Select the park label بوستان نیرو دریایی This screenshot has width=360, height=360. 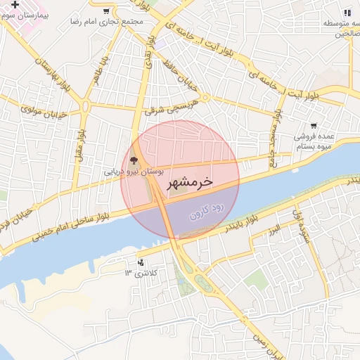(134, 171)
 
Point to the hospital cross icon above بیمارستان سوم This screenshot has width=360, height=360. (15, 5)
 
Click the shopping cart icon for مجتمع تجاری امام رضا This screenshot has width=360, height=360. (106, 11)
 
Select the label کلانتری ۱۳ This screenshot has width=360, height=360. (142, 272)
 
